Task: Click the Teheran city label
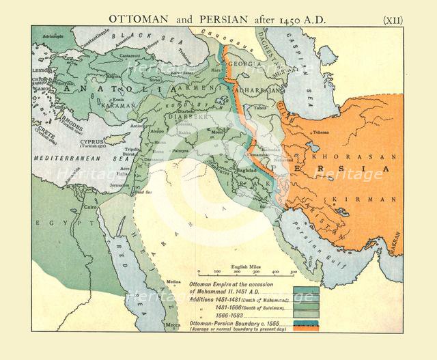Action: pyautogui.click(x=321, y=133)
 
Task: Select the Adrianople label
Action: pyautogui.click(x=53, y=33)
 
